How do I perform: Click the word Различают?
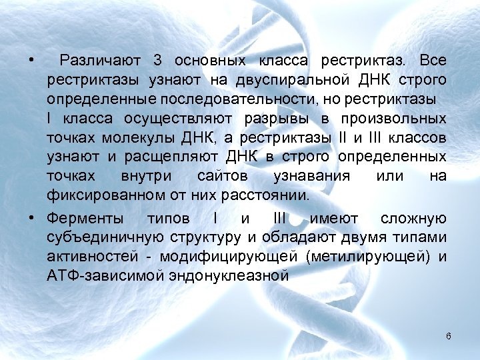pyautogui.click(x=100, y=61)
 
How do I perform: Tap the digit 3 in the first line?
pyautogui.click(x=158, y=61)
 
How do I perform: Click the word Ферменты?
pyautogui.click(x=85, y=219)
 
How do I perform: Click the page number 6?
pyautogui.click(x=449, y=336)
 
